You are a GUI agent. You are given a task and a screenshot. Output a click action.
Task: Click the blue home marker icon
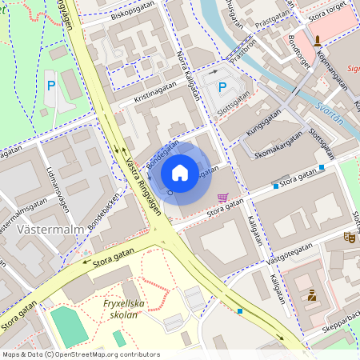pos(180,173)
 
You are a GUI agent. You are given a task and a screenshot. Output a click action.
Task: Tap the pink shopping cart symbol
pos(222,198)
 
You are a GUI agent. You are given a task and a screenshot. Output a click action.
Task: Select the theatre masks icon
pos(348,237)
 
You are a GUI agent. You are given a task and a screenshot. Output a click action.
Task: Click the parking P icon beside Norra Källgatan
pos(222,87)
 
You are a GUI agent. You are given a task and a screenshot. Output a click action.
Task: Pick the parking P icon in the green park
pos(51,85)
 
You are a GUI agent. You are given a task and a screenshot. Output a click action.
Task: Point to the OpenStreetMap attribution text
pos(80,354)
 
